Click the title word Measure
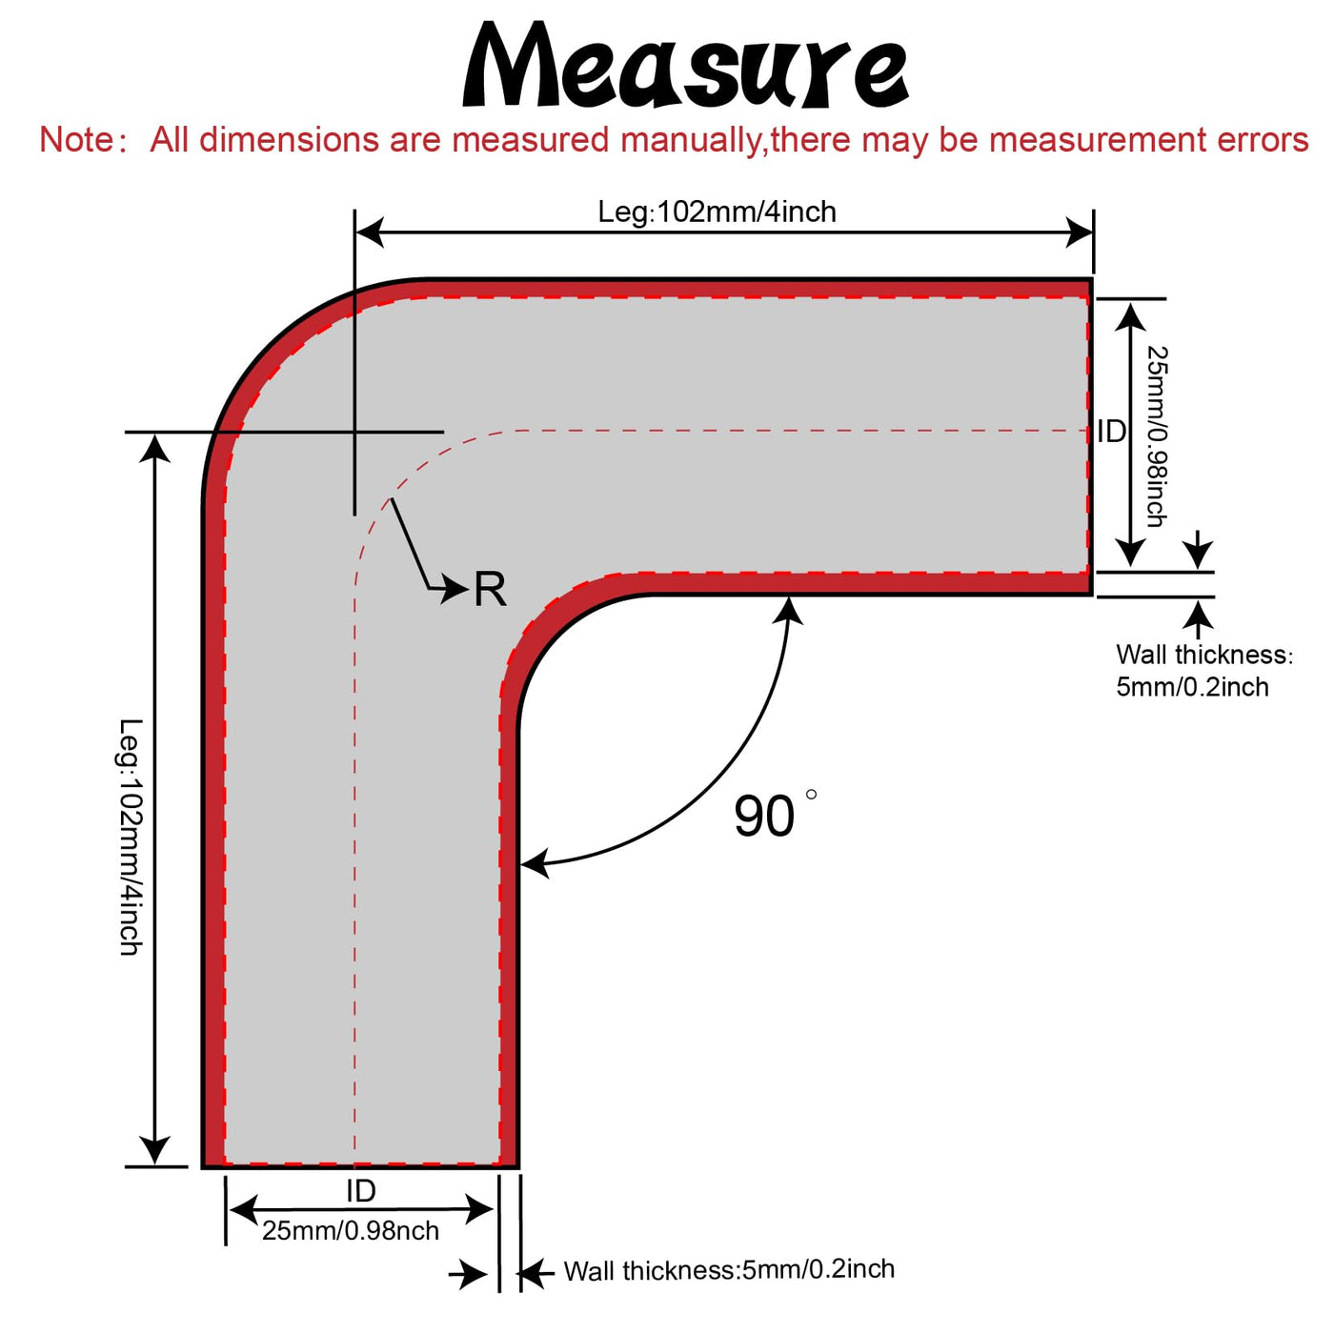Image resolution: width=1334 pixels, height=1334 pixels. coord(684,67)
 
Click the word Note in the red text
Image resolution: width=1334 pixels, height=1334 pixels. coord(76,140)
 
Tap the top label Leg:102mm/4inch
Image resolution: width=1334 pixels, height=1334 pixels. coord(717,212)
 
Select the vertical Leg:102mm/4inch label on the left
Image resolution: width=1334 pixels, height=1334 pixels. coord(131,837)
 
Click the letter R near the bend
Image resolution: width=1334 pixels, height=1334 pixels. coord(490,589)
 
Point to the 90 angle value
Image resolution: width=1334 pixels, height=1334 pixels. coord(764,817)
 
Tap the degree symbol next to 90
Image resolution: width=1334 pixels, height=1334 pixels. coord(811,795)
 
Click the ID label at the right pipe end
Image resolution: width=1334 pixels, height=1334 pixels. coord(1111,432)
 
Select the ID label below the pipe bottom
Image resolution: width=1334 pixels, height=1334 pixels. coord(360,1190)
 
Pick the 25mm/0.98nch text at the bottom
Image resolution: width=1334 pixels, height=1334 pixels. coord(351,1231)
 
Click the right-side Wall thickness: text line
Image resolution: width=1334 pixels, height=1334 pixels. coord(1204,655)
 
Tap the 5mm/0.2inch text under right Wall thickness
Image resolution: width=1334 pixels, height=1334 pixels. coord(1192,687)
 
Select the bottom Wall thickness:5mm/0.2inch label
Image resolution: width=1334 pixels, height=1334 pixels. coord(729,1269)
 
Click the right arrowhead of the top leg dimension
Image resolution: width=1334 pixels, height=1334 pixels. coord(1081,232)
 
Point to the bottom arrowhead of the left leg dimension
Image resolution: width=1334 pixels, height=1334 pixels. coord(155,1151)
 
